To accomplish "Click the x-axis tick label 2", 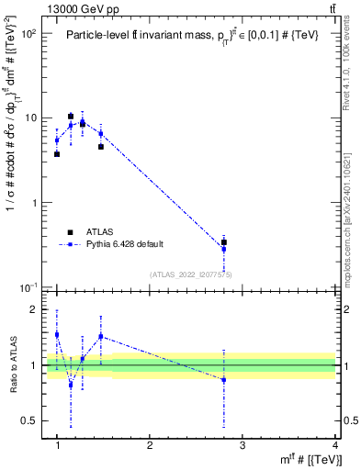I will [x=150, y=445].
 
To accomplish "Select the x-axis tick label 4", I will [x=334, y=445].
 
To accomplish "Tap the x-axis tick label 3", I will [x=243, y=445].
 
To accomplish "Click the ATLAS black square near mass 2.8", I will [x=224, y=242].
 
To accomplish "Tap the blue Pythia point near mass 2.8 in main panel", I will [x=224, y=249].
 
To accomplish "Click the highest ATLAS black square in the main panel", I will [x=71, y=117].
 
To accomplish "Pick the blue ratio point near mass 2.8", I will [x=224, y=380].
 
